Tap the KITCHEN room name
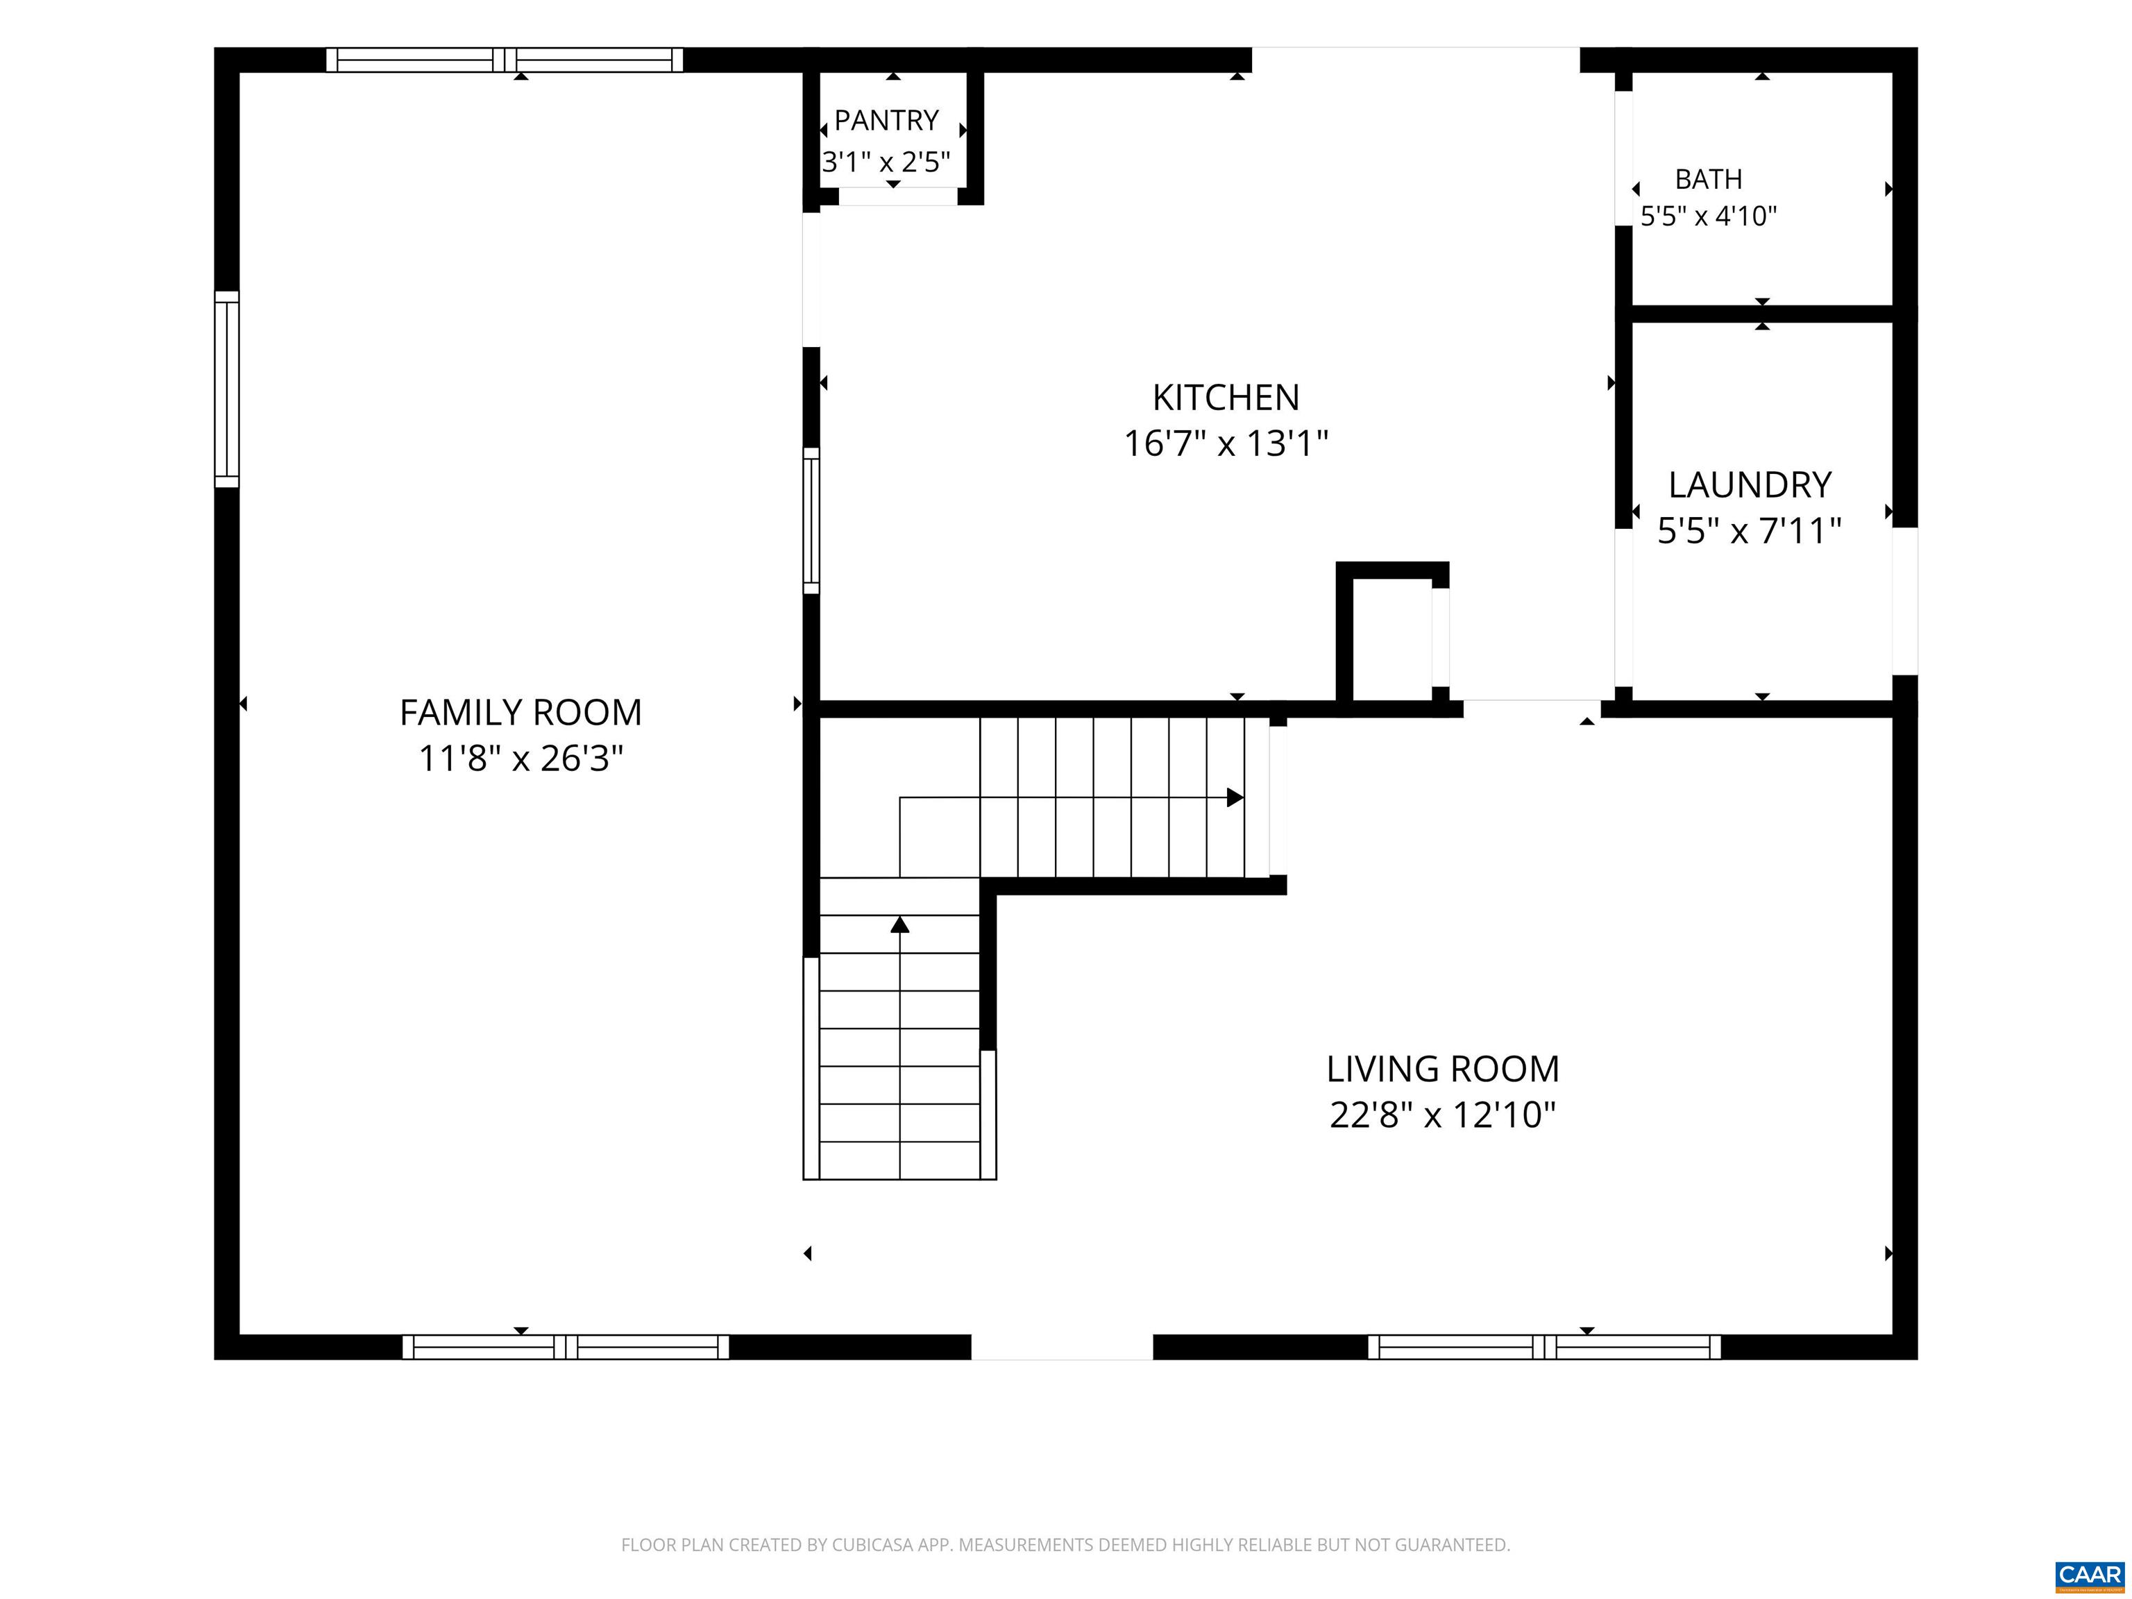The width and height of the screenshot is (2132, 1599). tap(1226, 397)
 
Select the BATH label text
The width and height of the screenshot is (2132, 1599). tap(1709, 179)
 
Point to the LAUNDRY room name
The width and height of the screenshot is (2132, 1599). tap(1750, 485)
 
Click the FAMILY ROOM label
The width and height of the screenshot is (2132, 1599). tap(521, 712)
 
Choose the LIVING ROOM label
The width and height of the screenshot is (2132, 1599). tap(1443, 1069)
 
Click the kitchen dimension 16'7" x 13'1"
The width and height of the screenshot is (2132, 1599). tap(1226, 443)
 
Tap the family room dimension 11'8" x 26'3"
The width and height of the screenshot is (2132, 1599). tap(521, 759)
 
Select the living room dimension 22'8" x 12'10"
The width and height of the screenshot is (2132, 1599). tap(1443, 1115)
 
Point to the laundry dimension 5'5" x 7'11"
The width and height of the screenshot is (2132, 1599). tap(1750, 531)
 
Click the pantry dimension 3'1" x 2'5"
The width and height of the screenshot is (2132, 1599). tap(886, 161)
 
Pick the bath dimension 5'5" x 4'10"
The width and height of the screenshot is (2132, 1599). tap(1709, 216)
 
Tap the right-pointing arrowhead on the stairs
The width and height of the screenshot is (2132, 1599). tap(1235, 798)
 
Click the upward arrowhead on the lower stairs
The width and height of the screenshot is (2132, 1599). tap(900, 924)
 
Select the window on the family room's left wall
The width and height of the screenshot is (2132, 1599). tap(226, 389)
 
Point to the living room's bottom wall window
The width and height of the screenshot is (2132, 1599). tap(1544, 1348)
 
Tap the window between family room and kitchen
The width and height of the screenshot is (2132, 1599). tap(811, 521)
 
